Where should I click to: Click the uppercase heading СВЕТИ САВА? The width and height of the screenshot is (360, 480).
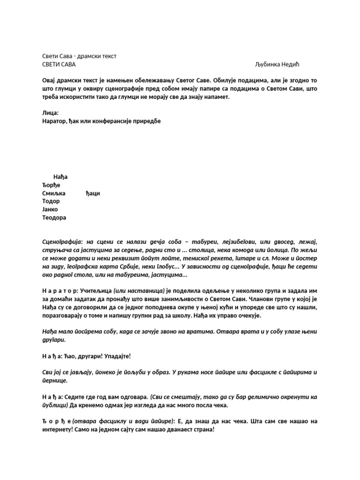[59, 64]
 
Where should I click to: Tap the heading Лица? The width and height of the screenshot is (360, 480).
[51, 113]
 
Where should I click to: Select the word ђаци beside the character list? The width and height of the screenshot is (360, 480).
[93, 193]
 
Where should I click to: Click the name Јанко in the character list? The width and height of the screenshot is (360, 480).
[50, 210]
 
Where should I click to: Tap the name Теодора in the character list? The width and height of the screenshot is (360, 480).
[54, 217]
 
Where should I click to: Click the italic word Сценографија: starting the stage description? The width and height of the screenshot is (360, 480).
[62, 241]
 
